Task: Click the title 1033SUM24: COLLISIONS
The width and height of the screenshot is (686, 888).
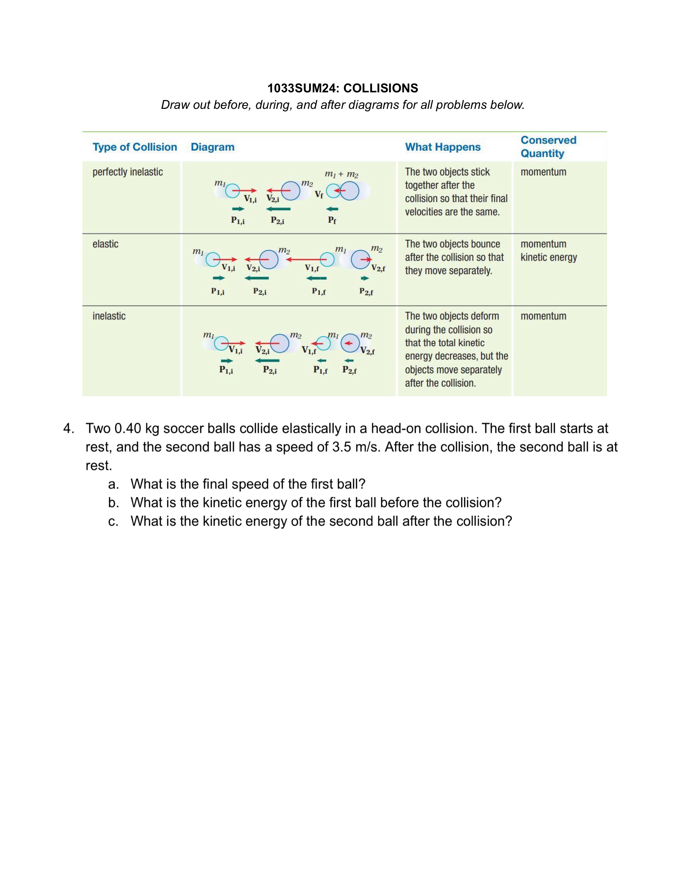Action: tap(343, 88)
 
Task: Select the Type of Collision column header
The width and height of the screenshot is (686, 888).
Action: tap(135, 147)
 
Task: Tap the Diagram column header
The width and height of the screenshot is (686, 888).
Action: tap(212, 147)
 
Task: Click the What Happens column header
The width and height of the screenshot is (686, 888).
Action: tap(443, 147)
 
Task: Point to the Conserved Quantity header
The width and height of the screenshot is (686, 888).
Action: tap(548, 147)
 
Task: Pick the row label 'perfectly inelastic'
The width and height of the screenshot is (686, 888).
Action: tap(127, 172)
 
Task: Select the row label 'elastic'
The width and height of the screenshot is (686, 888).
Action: tap(105, 244)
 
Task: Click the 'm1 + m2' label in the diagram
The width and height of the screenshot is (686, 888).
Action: tap(341, 174)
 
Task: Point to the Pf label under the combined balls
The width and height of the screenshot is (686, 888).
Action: tap(332, 220)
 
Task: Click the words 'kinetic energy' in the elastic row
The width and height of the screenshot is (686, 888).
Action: tap(549, 257)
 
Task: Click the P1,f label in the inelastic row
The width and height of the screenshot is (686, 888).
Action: tap(320, 370)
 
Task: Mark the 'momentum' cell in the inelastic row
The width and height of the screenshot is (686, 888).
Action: tap(543, 316)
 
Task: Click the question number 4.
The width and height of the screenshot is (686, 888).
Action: tap(68, 428)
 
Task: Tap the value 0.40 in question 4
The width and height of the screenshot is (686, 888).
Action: tap(128, 428)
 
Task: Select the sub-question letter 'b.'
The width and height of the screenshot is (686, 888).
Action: tap(113, 502)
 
